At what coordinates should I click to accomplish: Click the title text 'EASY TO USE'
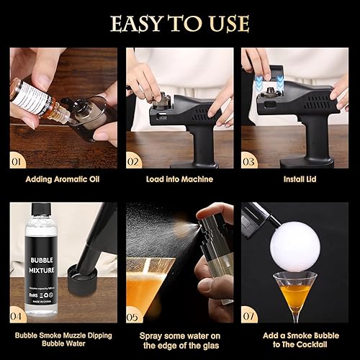tap(179, 23)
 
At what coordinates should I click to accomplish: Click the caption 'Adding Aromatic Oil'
tap(63, 179)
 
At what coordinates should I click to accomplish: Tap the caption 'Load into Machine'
tap(179, 179)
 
